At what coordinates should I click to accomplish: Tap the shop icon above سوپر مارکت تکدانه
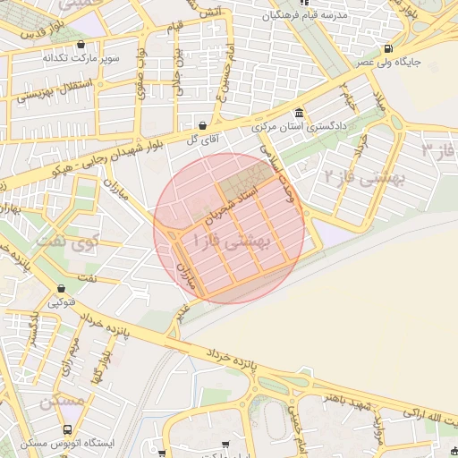82,44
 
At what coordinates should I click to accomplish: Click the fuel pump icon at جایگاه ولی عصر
387,48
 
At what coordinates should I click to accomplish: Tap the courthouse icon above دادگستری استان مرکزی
298,113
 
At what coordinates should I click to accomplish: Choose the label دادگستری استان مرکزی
301,127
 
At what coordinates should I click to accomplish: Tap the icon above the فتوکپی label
61,289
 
